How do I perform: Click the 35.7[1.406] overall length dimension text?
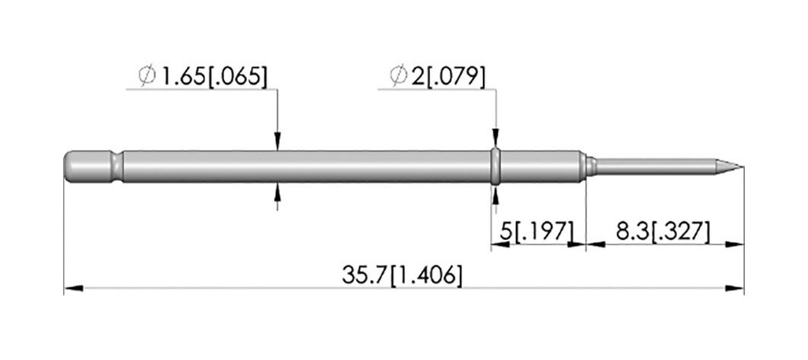tap(402, 276)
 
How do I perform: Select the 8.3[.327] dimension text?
tap(663, 232)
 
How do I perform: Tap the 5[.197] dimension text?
tap(537, 232)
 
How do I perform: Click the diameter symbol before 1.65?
tap(147, 77)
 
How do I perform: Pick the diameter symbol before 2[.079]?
tap(398, 77)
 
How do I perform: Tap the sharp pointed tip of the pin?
tap(743, 167)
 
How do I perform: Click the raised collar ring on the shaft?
tap(496, 167)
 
